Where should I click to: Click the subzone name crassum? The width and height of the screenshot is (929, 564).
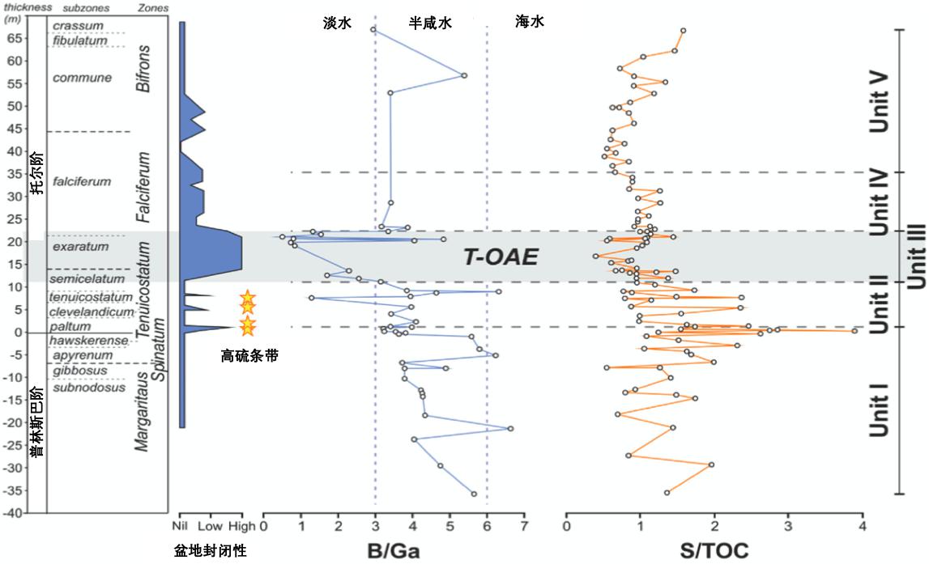[x=78, y=26]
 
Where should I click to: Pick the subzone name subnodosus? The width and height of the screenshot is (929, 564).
[x=89, y=387]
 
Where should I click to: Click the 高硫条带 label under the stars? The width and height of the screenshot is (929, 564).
[x=249, y=354]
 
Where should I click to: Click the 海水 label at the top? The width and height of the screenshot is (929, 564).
[x=530, y=23]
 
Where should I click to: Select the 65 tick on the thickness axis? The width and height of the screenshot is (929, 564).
[x=15, y=37]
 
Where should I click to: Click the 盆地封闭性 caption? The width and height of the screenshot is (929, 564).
[x=210, y=551]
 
